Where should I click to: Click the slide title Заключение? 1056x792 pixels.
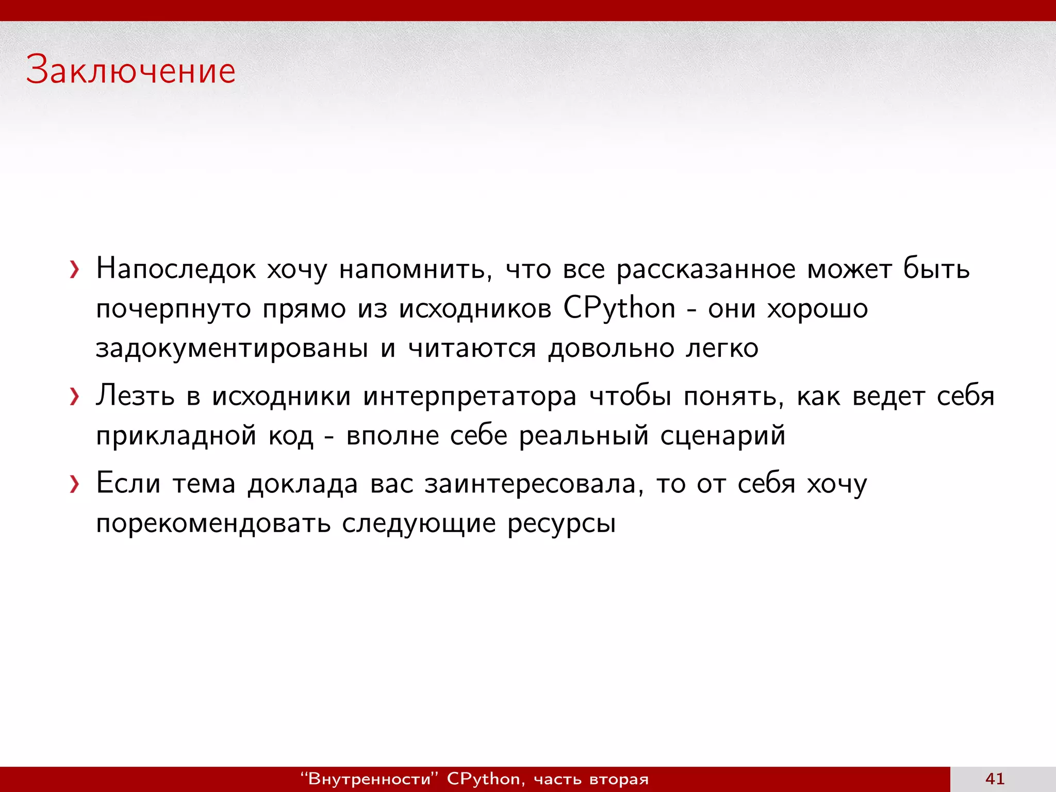[131, 70]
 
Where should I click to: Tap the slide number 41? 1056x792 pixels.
[995, 778]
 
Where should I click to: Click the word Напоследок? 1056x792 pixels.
[176, 269]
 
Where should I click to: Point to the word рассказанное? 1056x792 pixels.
[706, 269]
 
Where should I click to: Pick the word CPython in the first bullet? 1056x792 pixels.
[619, 308]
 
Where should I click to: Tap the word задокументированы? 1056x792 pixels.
[232, 349]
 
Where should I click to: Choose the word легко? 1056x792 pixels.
[722, 349]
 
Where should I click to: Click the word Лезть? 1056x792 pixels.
[135, 396]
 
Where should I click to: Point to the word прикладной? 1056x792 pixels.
[176, 436]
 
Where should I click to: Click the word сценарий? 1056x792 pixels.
[723, 436]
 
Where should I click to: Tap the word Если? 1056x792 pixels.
[128, 484]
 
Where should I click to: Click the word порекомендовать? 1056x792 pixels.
[213, 524]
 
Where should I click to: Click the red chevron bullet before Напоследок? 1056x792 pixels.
[75, 270]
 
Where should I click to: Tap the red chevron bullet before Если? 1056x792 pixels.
[75, 484]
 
